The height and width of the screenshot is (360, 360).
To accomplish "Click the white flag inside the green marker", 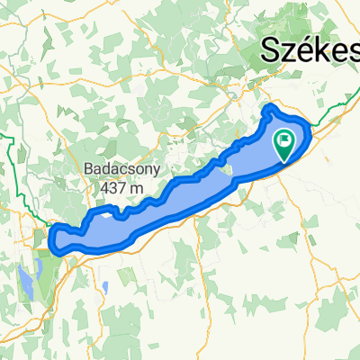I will pos(285,139).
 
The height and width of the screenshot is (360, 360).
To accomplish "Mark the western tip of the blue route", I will pos(50,236).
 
